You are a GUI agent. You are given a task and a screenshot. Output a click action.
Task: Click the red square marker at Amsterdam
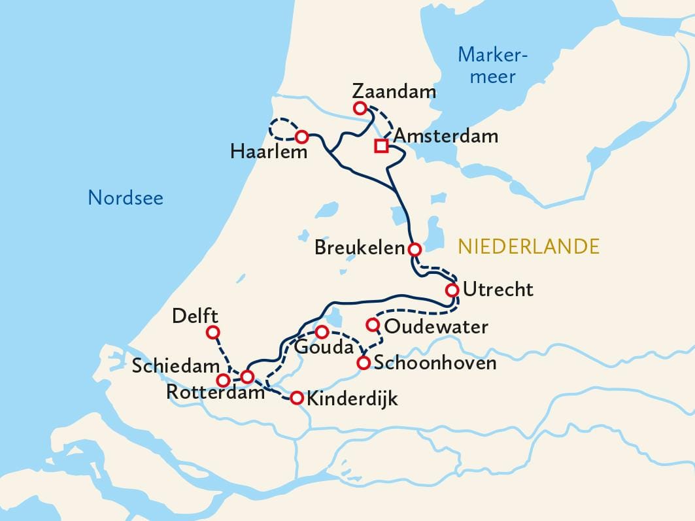(x=381, y=146)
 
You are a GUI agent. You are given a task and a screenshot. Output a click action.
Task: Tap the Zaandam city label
(x=394, y=91)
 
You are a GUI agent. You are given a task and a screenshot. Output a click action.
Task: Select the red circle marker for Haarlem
(x=301, y=137)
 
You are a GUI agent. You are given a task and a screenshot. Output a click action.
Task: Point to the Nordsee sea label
(x=126, y=197)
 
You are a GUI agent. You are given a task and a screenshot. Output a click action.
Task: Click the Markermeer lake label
(x=493, y=65)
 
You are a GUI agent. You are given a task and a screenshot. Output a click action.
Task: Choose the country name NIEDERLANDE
(x=528, y=246)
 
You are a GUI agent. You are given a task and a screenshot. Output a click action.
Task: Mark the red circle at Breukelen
(x=414, y=249)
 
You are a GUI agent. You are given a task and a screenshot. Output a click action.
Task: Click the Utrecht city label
(x=498, y=289)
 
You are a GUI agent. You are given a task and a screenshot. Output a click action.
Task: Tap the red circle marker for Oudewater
(x=373, y=324)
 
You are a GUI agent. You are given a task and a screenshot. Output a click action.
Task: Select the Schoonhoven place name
(x=435, y=363)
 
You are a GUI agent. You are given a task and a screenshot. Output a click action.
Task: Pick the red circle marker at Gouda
(x=322, y=331)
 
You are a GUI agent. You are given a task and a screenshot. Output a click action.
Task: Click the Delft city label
(x=195, y=316)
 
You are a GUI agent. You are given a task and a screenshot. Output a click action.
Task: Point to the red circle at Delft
(x=212, y=333)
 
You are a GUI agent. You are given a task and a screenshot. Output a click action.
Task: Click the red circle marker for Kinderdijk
(x=296, y=397)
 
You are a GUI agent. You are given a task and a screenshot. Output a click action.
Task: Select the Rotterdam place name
(x=215, y=393)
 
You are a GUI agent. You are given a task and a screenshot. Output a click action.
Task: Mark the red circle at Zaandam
(x=359, y=108)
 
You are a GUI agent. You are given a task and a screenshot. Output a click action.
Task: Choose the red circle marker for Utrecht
(x=452, y=290)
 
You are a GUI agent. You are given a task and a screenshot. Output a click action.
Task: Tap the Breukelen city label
(x=359, y=248)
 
